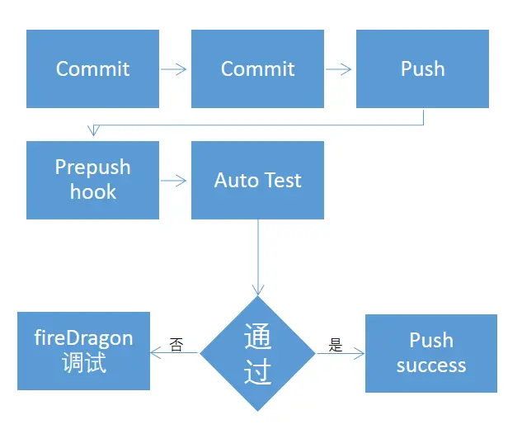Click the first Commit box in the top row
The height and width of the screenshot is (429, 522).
[x=92, y=68]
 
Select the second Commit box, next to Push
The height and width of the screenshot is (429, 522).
[x=257, y=68]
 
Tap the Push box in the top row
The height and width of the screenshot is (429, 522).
[x=422, y=68]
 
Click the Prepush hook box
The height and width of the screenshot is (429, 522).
[x=92, y=180]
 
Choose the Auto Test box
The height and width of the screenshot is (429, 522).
[x=257, y=180]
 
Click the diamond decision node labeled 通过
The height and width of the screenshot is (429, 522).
[x=257, y=353]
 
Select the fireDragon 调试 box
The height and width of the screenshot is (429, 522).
[x=83, y=351]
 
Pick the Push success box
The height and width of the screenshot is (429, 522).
[x=431, y=353]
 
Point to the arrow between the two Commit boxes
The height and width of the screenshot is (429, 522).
[x=173, y=69]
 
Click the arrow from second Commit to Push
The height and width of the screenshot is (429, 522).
[x=338, y=69]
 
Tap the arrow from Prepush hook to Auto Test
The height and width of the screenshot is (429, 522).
[x=173, y=181]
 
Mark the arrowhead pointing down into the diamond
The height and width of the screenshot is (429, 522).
[x=258, y=289]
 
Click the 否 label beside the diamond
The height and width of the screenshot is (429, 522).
[x=176, y=344]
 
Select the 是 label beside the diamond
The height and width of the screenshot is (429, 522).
[x=336, y=345]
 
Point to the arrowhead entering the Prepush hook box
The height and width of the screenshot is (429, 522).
[x=93, y=130]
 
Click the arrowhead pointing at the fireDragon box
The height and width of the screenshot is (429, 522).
[x=156, y=353]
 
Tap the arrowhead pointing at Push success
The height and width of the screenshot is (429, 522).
[x=359, y=353]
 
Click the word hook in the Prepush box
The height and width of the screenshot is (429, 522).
[x=93, y=192]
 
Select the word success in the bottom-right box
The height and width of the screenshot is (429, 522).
[x=431, y=365]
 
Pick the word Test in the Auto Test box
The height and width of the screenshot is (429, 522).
[x=284, y=180]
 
